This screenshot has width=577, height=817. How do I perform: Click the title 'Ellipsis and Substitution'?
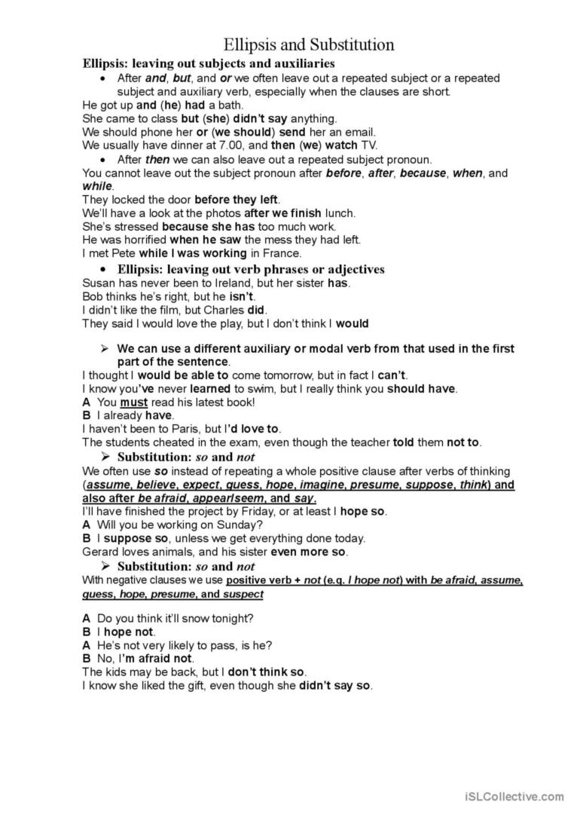(x=309, y=44)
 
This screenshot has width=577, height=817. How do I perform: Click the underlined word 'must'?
(x=134, y=402)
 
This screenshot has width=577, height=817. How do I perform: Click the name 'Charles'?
(x=220, y=310)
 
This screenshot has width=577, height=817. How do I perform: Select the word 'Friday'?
(x=261, y=511)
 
